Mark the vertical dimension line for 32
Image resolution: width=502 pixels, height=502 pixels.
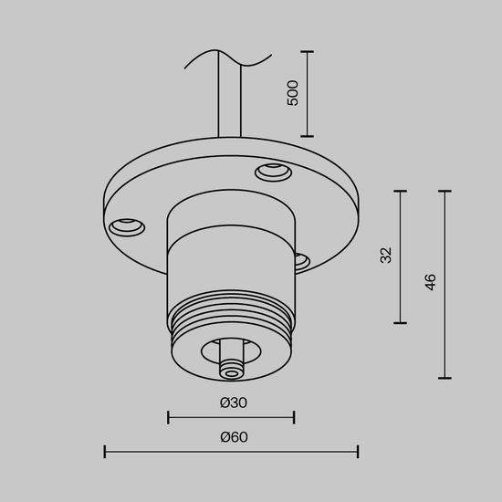pos(400,256)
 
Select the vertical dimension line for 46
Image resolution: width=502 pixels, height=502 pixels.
pos(444,284)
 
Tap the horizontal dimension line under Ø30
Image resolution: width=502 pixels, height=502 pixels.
pos(231,418)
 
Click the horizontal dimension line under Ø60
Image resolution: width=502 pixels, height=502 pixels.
pos(231,451)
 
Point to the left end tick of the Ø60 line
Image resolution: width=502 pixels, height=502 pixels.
pos(105,451)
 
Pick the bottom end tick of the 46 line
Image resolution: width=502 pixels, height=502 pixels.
pos(444,378)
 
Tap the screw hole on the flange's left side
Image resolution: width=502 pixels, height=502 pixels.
pos(126,224)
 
